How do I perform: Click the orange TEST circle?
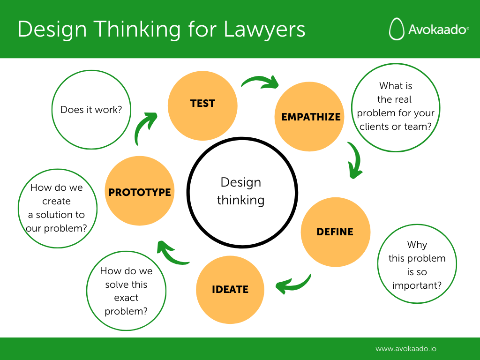pyautogui.click(x=202, y=106)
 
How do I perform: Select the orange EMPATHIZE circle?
pyautogui.click(x=309, y=117)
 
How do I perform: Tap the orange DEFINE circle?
pyautogui.click(x=335, y=232)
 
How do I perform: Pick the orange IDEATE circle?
pyautogui.click(x=230, y=289)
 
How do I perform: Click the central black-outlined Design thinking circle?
pyautogui.click(x=240, y=191)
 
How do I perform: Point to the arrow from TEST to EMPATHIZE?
pyautogui.click(x=260, y=82)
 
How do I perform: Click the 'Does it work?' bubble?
pyautogui.click(x=91, y=111)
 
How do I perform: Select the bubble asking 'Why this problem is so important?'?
pyautogui.click(x=417, y=265)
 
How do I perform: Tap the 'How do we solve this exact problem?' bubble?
pyautogui.click(x=126, y=291)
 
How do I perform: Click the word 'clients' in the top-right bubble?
pyautogui.click(x=373, y=127)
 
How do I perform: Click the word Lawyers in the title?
pyautogui.click(x=264, y=29)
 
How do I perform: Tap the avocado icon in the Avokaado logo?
pyautogui.click(x=397, y=29)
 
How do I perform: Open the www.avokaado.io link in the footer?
pyautogui.click(x=406, y=349)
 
